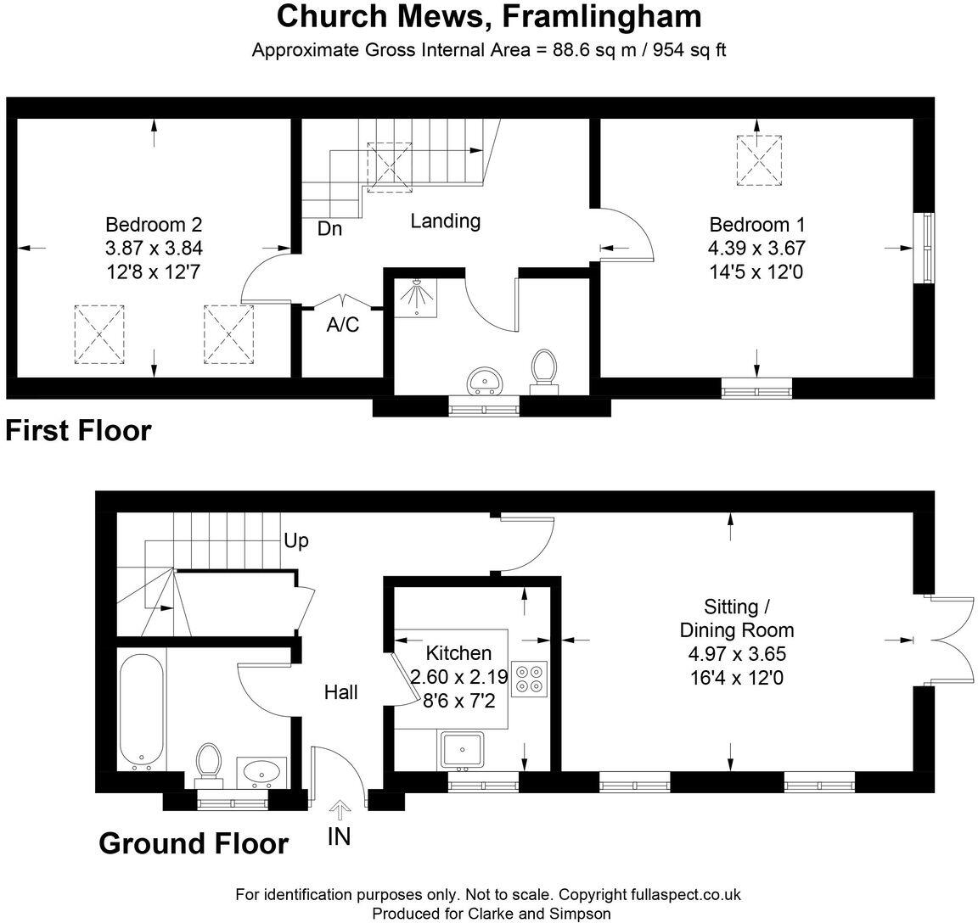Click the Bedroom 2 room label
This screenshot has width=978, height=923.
click(x=154, y=224)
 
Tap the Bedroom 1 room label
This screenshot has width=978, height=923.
click(x=756, y=224)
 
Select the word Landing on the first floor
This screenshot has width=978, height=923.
click(x=446, y=221)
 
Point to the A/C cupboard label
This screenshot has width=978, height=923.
click(x=343, y=324)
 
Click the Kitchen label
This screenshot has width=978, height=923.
click(x=458, y=652)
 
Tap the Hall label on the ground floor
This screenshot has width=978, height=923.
click(x=340, y=691)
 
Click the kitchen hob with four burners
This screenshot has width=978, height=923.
click(x=529, y=679)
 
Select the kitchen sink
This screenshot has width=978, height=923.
click(x=462, y=750)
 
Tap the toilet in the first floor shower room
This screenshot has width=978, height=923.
click(x=544, y=372)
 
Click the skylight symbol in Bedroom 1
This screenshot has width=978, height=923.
click(x=759, y=160)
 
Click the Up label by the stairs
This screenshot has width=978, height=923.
click(x=295, y=541)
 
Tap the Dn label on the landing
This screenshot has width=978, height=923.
click(x=330, y=229)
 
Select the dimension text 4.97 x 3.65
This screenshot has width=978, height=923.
click(x=737, y=654)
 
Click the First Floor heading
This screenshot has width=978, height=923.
click(x=79, y=431)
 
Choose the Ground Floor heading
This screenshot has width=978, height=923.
click(x=194, y=843)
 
